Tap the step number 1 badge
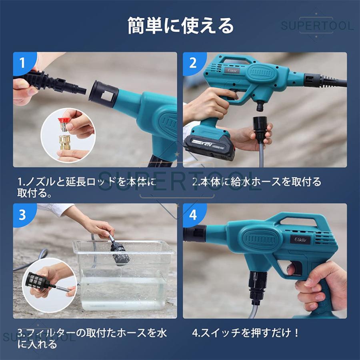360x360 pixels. click(22, 63)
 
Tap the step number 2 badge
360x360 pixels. click(193, 63)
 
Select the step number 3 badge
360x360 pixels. click(22, 214)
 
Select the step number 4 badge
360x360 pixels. click(193, 215)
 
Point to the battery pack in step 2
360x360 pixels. click(208, 146)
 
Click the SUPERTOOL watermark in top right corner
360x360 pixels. click(317, 26)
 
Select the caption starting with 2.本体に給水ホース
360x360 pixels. click(256, 182)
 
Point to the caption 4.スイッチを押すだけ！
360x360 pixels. click(246, 333)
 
